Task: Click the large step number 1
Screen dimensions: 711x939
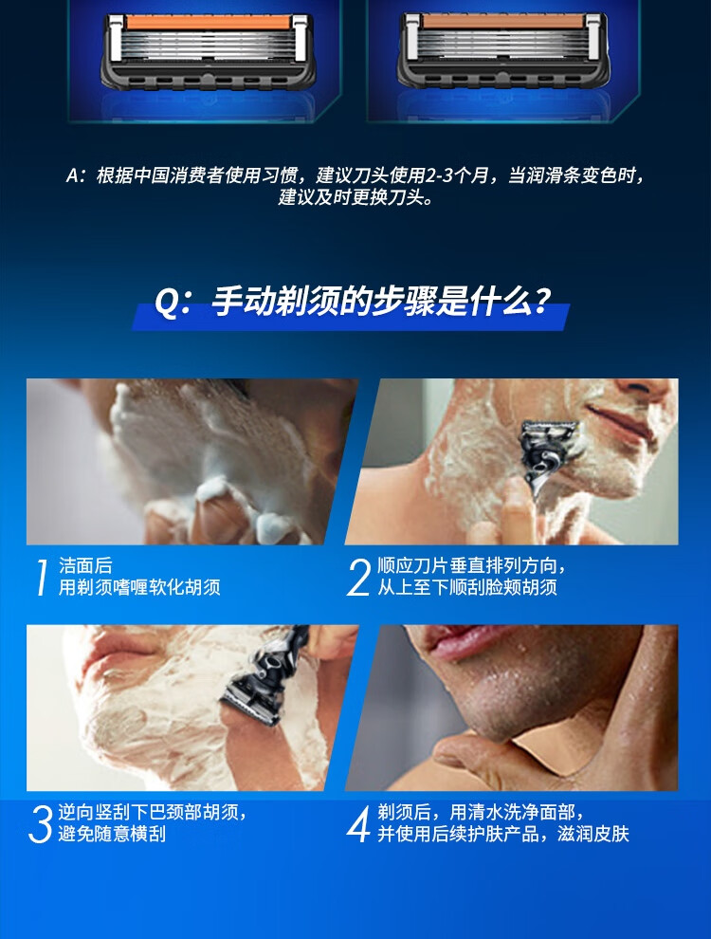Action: pyautogui.click(x=42, y=578)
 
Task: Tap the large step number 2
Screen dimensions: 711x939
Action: pyautogui.click(x=359, y=578)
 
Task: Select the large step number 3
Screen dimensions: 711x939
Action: pyautogui.click(x=41, y=824)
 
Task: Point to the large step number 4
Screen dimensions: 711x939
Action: pyautogui.click(x=359, y=824)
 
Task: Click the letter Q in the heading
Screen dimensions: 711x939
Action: pyautogui.click(x=168, y=302)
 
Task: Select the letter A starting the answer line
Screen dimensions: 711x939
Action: pyautogui.click(x=73, y=176)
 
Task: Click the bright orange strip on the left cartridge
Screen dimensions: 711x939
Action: pyautogui.click(x=207, y=23)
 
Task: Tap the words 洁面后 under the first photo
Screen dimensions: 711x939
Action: pyautogui.click(x=85, y=565)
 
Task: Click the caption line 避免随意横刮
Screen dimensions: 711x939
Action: pyautogui.click(x=112, y=834)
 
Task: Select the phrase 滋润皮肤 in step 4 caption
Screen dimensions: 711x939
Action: pyautogui.click(x=593, y=834)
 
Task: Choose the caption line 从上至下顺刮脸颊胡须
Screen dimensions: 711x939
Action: pyautogui.click(x=466, y=587)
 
